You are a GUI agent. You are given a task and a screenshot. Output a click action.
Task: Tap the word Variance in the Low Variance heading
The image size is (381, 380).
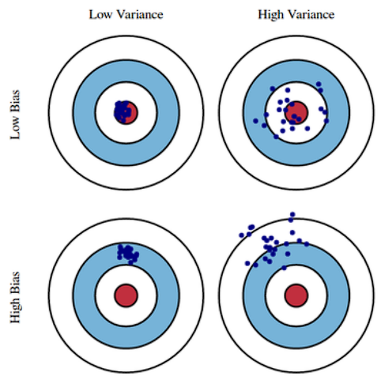(141, 14)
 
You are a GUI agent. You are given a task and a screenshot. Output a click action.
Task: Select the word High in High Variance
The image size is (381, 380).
(271, 15)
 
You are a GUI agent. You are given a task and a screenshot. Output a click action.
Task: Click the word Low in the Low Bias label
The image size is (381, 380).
(15, 128)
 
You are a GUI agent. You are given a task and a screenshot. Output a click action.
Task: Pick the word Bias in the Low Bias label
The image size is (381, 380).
(15, 101)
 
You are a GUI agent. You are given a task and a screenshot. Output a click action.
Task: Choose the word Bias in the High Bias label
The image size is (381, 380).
(15, 281)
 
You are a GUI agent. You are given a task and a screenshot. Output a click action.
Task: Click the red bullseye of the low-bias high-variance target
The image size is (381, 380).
(296, 112)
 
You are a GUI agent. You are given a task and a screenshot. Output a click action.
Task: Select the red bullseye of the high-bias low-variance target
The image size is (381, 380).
(126, 295)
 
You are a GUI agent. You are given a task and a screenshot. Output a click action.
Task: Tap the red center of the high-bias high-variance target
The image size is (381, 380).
(296, 295)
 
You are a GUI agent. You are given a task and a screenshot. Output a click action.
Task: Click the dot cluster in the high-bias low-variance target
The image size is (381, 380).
(128, 254)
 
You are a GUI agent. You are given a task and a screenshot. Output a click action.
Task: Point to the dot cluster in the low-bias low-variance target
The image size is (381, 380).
(123, 112)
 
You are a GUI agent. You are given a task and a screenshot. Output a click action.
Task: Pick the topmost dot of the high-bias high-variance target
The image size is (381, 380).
(292, 214)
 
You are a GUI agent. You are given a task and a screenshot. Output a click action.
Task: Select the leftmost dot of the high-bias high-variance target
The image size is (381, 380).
(242, 235)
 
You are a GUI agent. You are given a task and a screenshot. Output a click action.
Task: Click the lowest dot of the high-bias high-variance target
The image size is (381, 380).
(284, 268)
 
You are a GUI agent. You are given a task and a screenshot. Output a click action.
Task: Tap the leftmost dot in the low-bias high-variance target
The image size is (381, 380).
(255, 121)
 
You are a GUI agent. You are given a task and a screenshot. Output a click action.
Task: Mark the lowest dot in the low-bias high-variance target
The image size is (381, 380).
(276, 137)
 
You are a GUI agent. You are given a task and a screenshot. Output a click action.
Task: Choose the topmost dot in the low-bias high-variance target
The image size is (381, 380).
(319, 85)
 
